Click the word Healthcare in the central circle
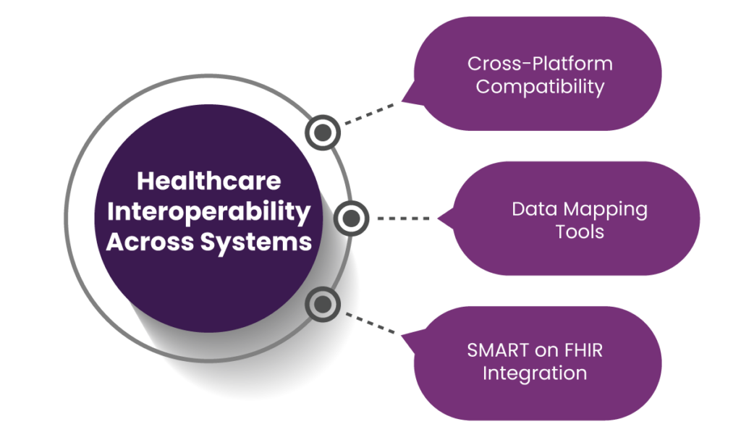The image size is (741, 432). (209, 181)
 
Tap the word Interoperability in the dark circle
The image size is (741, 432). (209, 212)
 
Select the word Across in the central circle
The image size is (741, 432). (150, 242)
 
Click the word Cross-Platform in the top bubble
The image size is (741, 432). (540, 64)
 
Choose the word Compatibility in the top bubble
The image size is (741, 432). (540, 88)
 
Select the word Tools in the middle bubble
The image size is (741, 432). (580, 232)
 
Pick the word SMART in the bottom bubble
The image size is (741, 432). (498, 350)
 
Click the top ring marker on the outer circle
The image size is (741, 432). (323, 132)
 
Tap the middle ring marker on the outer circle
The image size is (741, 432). (351, 219)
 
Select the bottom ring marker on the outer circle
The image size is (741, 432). (323, 305)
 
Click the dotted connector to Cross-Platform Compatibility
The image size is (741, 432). (370, 114)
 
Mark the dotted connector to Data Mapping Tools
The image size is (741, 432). (403, 219)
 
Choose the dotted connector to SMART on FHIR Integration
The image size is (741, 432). (370, 322)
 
